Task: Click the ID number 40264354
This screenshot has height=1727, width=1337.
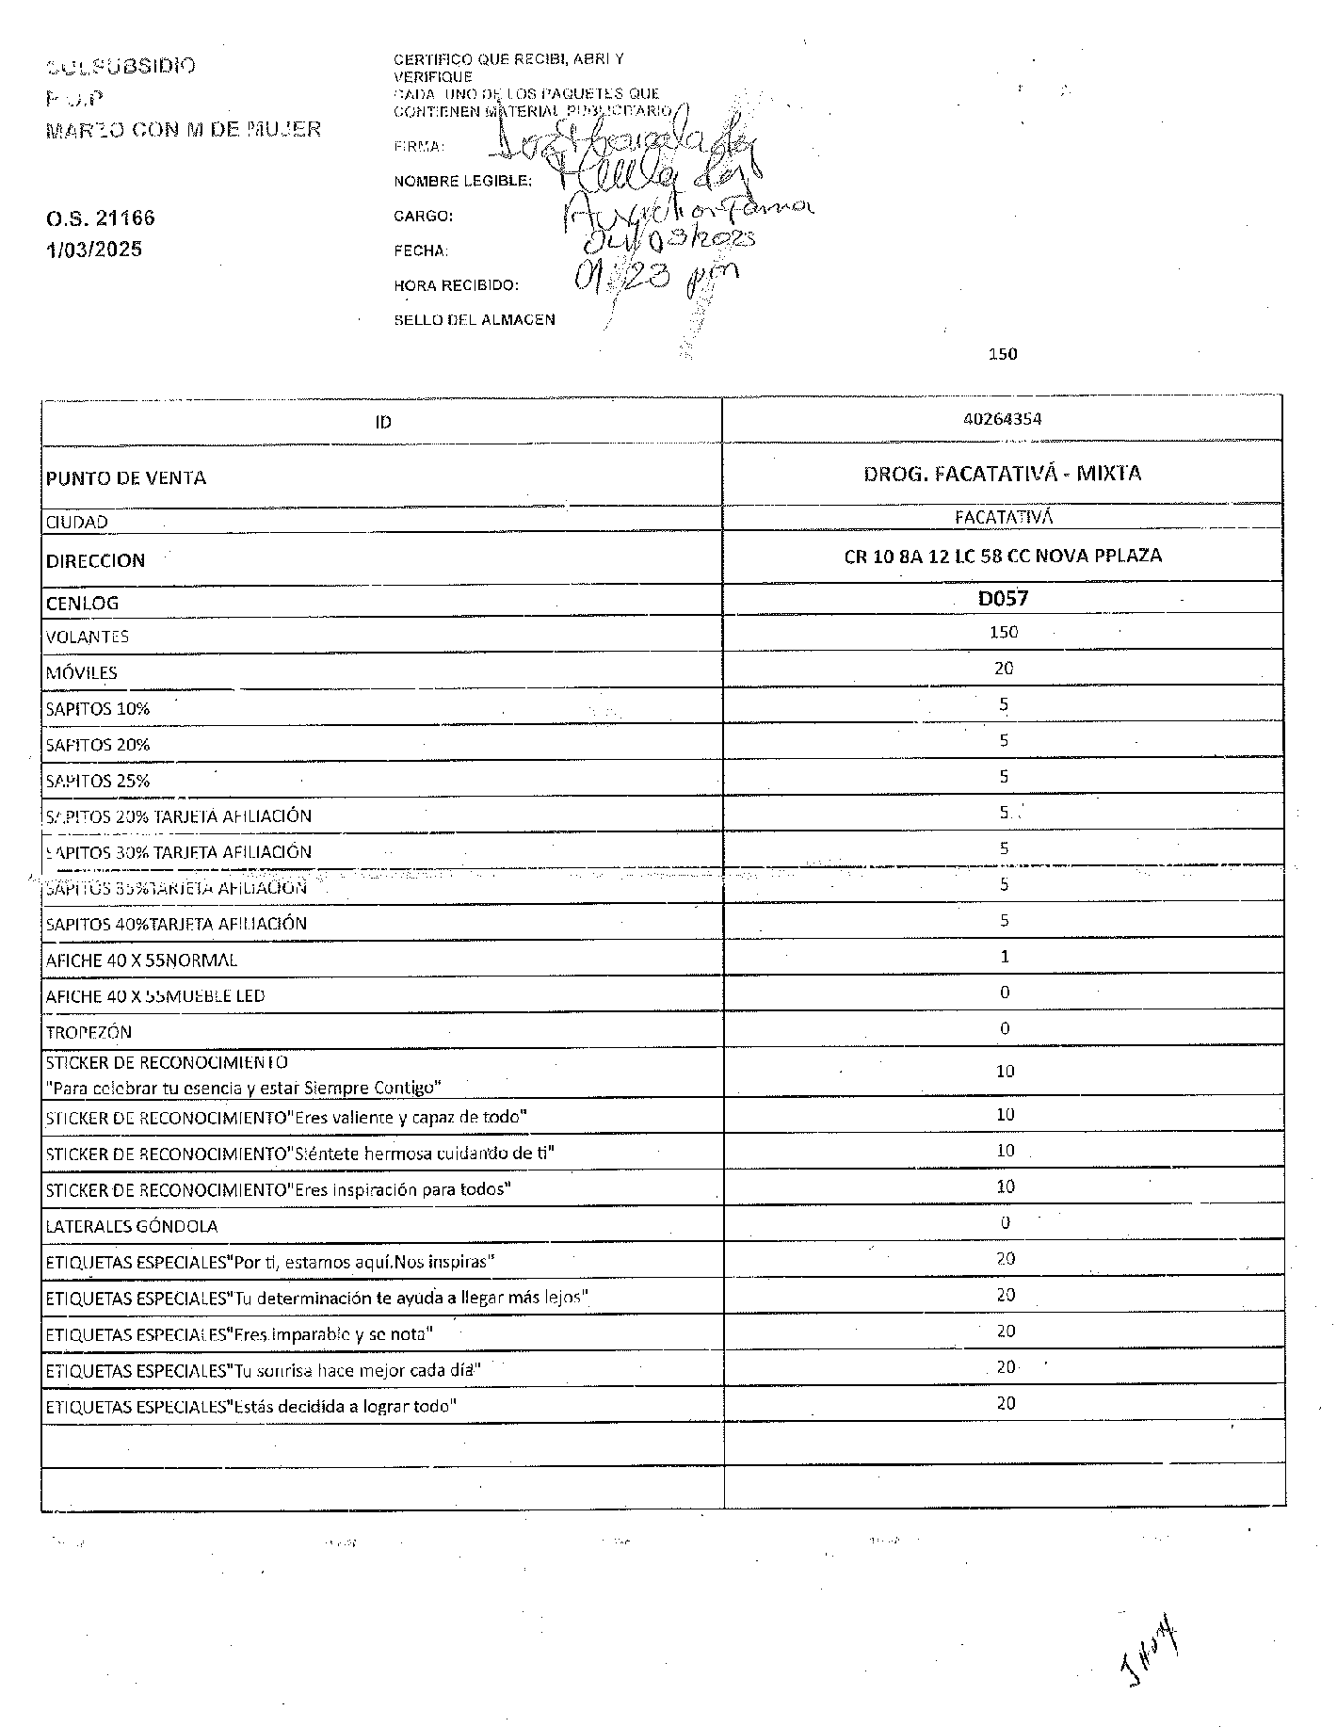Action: (x=1003, y=419)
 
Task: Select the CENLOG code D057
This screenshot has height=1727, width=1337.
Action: (x=1003, y=598)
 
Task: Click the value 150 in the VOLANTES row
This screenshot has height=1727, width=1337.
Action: (x=1004, y=632)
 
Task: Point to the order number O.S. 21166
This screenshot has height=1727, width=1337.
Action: (x=101, y=218)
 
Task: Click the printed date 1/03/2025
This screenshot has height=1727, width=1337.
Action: (x=94, y=250)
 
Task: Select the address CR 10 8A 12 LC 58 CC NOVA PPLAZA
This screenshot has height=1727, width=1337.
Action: (x=1003, y=556)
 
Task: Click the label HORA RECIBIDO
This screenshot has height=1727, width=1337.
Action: (x=456, y=285)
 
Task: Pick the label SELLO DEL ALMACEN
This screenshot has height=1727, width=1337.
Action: (x=475, y=320)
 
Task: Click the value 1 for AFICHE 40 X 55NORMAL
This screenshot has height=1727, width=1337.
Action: (x=1005, y=957)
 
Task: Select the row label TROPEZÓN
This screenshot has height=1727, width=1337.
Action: (x=89, y=1032)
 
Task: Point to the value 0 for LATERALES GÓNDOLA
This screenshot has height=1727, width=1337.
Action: (x=1005, y=1223)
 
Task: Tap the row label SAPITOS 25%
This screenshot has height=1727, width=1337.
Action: (x=98, y=781)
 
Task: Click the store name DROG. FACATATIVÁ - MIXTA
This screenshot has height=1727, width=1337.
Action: (x=1003, y=473)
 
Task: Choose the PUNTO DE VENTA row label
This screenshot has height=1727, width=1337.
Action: (x=126, y=477)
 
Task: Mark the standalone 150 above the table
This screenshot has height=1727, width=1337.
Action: (x=1003, y=354)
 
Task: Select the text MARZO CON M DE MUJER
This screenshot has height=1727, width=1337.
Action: (x=184, y=129)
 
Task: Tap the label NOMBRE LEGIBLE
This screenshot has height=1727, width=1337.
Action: (x=462, y=181)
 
